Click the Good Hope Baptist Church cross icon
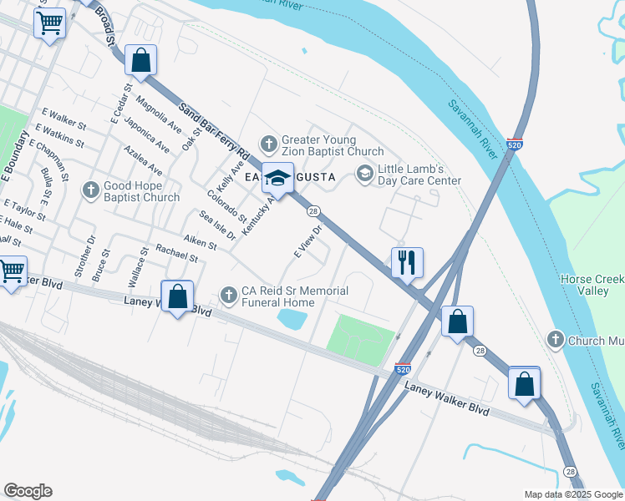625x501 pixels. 91,190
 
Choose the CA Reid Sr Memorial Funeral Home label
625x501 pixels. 294,296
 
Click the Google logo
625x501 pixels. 28,491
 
